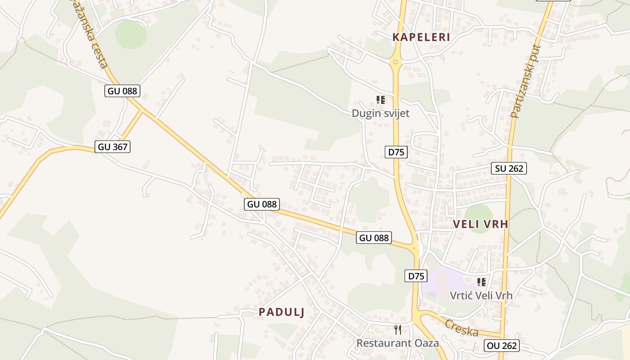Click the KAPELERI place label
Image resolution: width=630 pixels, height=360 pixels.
pyautogui.click(x=421, y=37)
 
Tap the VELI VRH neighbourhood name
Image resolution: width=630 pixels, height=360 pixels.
pyautogui.click(x=481, y=224)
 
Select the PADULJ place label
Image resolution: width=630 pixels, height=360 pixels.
pyautogui.click(x=282, y=312)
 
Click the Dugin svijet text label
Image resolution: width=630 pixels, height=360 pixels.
pyautogui.click(x=381, y=113)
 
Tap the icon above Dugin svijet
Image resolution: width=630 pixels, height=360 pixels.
pyautogui.click(x=381, y=99)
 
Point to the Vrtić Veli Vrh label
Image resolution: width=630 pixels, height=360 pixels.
pyautogui.click(x=481, y=296)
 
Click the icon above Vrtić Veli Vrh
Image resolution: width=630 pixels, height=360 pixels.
pyautogui.click(x=481, y=282)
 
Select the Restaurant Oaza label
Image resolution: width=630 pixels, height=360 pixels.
pyautogui.click(x=398, y=343)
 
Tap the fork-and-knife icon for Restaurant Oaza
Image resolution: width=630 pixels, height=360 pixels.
pyautogui.click(x=398, y=330)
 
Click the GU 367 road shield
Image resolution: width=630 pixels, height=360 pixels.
pyautogui.click(x=113, y=147)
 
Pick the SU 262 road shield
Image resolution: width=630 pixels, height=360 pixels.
pyautogui.click(x=509, y=169)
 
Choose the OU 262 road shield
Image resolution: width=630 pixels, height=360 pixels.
pyautogui.click(x=502, y=346)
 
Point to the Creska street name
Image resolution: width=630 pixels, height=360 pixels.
pyautogui.click(x=462, y=328)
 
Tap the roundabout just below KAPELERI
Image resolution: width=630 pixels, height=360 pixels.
pyautogui.click(x=396, y=62)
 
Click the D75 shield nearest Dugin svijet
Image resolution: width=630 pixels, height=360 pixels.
pyautogui.click(x=396, y=152)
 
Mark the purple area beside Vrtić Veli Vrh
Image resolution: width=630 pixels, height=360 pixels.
pyautogui.click(x=445, y=281)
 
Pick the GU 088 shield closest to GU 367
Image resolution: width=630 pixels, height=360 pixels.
pyautogui.click(x=123, y=91)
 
